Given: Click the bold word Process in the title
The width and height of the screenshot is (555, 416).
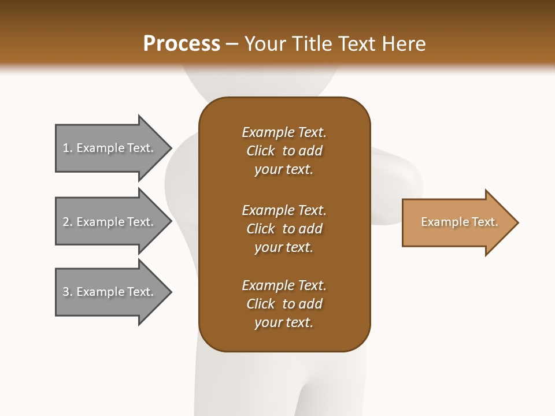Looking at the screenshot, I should click(x=182, y=44).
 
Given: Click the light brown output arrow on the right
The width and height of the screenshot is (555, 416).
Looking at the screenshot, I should click(x=457, y=222).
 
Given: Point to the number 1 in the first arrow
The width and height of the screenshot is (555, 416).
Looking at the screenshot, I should click(x=66, y=148).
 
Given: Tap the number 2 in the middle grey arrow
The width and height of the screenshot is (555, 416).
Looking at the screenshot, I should click(x=66, y=222).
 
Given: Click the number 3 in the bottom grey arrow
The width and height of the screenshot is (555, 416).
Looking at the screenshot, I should click(x=66, y=292).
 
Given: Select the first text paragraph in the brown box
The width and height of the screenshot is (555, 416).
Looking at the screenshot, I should click(x=284, y=151).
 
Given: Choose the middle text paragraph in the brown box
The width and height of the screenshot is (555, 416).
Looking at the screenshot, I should click(x=284, y=229).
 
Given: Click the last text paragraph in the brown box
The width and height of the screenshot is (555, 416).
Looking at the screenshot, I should click(x=284, y=304).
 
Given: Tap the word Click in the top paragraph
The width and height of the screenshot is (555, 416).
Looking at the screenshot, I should click(x=260, y=151).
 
